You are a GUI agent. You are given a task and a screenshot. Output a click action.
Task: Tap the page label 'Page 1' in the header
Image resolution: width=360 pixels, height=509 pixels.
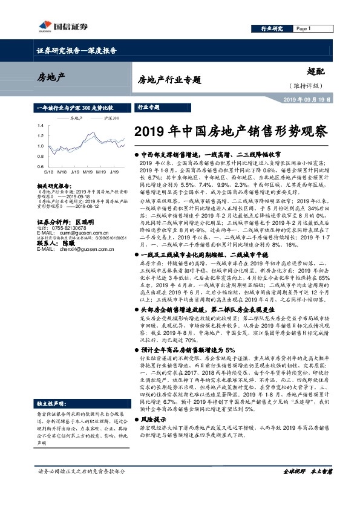click(x=303, y=28)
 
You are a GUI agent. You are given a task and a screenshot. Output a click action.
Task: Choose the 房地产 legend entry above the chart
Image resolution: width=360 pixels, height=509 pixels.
click(x=76, y=118)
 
